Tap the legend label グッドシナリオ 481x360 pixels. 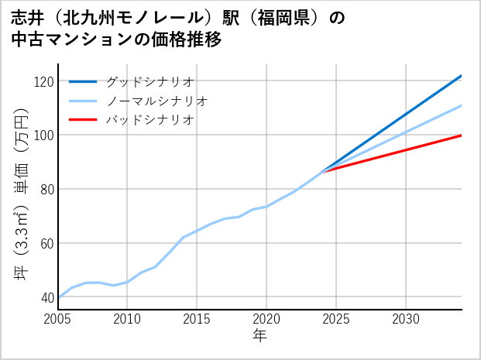click(x=150, y=81)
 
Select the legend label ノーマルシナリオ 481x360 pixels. click(x=157, y=101)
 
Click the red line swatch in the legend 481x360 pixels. click(x=83, y=120)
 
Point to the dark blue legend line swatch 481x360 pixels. click(x=83, y=81)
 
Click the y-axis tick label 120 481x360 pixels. click(x=44, y=81)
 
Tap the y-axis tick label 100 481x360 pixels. click(x=44, y=135)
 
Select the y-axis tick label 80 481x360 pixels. click(x=47, y=190)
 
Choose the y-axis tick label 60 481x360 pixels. click(x=47, y=244)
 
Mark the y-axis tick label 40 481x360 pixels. click(x=47, y=297)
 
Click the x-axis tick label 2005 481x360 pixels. click(x=58, y=319)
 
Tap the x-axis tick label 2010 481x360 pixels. click(x=128, y=319)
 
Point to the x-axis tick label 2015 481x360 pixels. click(x=198, y=319)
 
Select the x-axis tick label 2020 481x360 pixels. click(x=267, y=319)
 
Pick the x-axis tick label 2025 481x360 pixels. click(x=337, y=319)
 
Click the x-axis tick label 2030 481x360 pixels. click(x=407, y=319)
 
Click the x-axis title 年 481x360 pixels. click(x=260, y=336)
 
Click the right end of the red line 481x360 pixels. click(x=461, y=135)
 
